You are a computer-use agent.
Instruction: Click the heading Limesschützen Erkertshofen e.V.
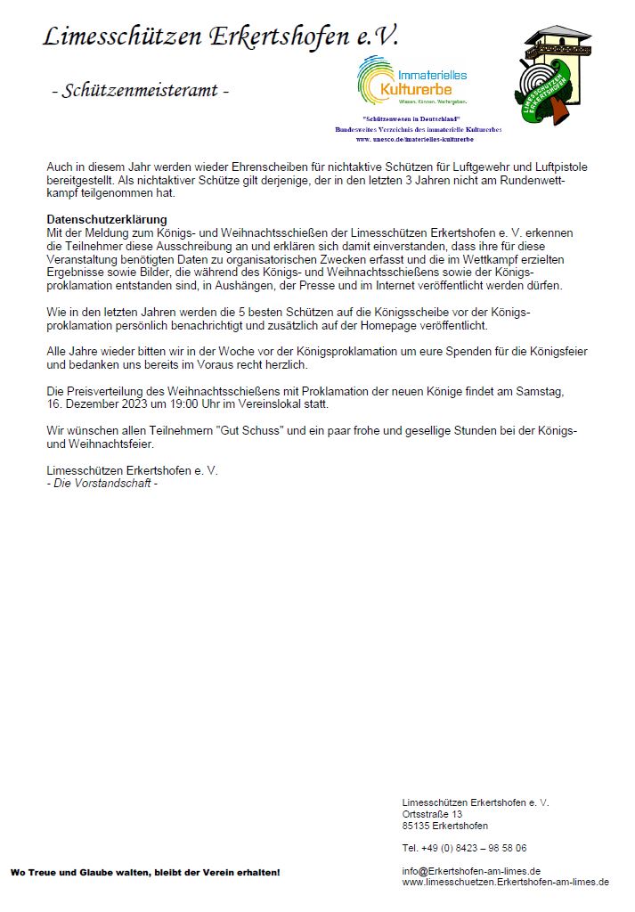coord(221,37)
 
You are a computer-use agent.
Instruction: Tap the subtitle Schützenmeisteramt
coord(140,90)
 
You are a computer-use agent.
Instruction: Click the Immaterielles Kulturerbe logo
coord(412,81)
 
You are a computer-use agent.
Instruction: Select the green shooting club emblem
coord(553,77)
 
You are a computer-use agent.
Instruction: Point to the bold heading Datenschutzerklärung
coord(107,220)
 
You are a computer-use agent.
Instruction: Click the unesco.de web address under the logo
coord(414,140)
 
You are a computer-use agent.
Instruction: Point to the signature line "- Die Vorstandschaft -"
coord(102,483)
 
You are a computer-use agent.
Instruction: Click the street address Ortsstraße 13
coord(433,814)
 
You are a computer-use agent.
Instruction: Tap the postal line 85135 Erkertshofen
coord(445,826)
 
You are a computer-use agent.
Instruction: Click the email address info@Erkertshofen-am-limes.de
coord(472,870)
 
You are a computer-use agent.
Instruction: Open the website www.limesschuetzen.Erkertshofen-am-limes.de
coord(506,882)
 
